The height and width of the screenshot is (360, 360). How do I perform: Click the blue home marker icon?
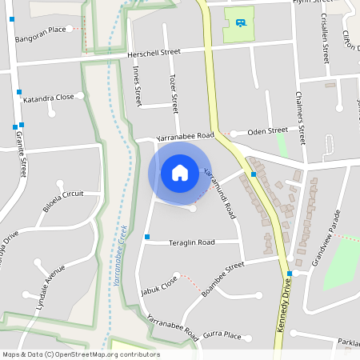[180, 173]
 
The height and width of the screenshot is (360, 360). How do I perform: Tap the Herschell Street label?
[154, 53]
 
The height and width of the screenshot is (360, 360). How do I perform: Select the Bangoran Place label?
[40, 30]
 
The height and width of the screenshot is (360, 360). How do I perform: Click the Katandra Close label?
[48, 97]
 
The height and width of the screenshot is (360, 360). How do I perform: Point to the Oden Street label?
[267, 130]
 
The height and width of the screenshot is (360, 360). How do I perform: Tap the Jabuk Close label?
[158, 285]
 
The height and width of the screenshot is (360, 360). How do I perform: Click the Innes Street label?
[136, 87]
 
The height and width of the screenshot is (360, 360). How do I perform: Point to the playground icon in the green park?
[240, 22]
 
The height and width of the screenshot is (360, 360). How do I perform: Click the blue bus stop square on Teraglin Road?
[147, 237]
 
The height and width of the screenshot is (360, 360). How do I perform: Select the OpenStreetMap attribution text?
[81, 354]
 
